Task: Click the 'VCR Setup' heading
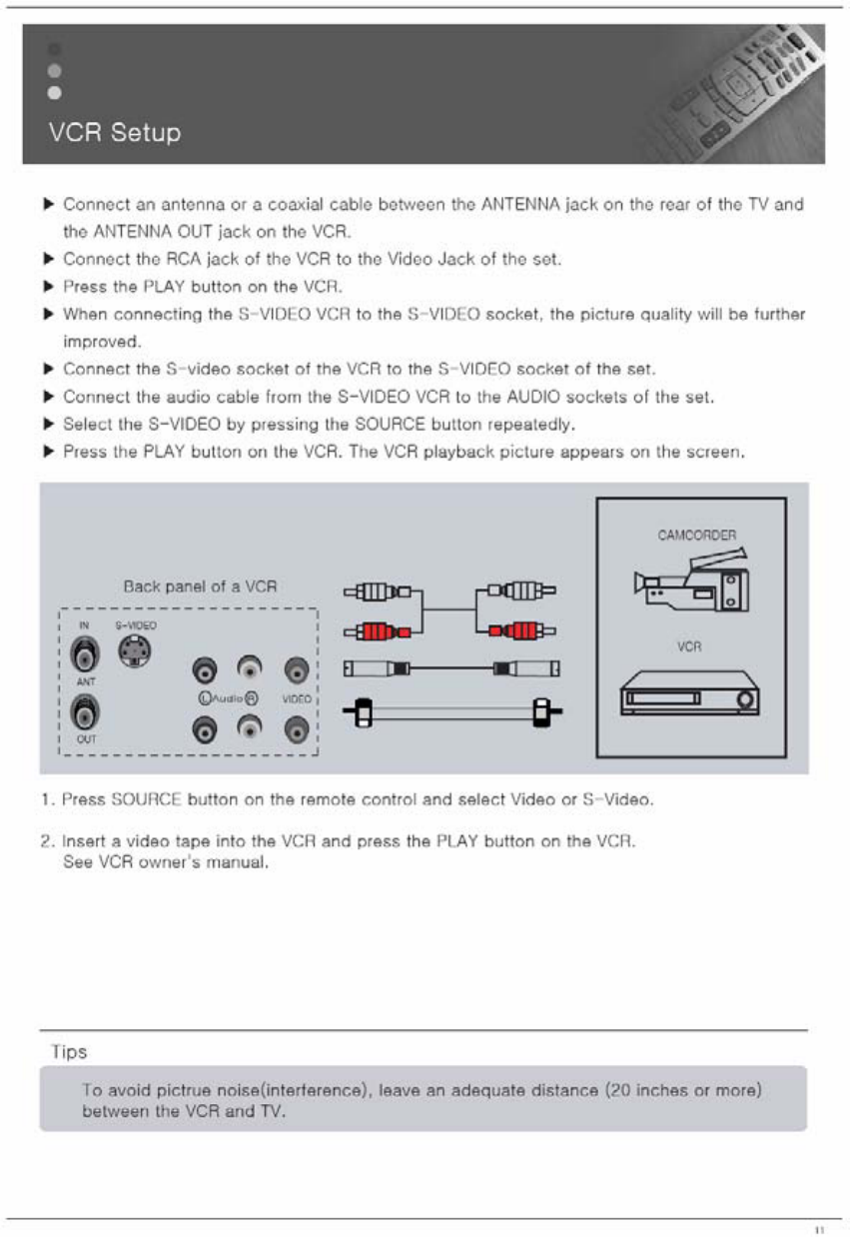115,133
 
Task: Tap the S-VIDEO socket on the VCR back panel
132,653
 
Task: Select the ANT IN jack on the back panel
85,654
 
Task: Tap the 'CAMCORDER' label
696,535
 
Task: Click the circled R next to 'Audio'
254,699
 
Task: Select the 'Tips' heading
69,1052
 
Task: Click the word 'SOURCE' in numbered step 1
148,801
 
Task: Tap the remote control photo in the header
759,95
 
